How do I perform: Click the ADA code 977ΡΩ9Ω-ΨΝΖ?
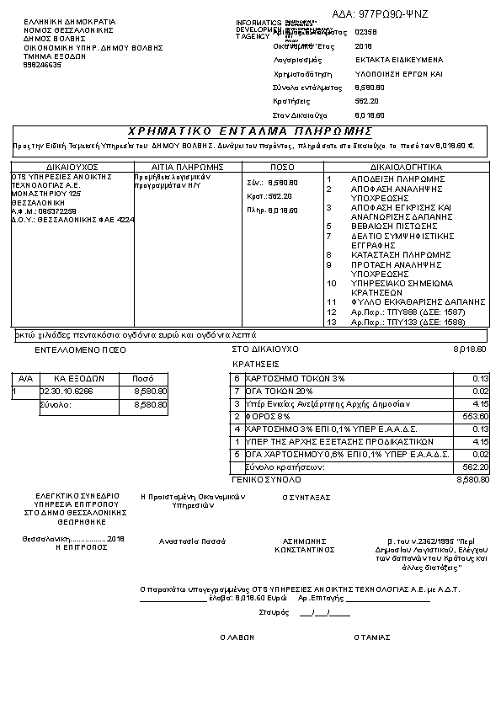click(392, 14)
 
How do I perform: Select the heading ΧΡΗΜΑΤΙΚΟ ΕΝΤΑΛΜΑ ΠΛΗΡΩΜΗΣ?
click(250, 131)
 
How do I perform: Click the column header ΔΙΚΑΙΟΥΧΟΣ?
click(72, 168)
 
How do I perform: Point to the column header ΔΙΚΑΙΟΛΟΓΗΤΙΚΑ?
click(406, 168)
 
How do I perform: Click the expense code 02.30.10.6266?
click(67, 392)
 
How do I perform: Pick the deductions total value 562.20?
click(476, 466)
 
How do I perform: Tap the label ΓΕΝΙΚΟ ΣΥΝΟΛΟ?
click(267, 479)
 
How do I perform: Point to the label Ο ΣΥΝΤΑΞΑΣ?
click(306, 497)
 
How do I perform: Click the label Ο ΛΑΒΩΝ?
click(237, 637)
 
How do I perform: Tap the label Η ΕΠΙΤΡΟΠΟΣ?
click(81, 546)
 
